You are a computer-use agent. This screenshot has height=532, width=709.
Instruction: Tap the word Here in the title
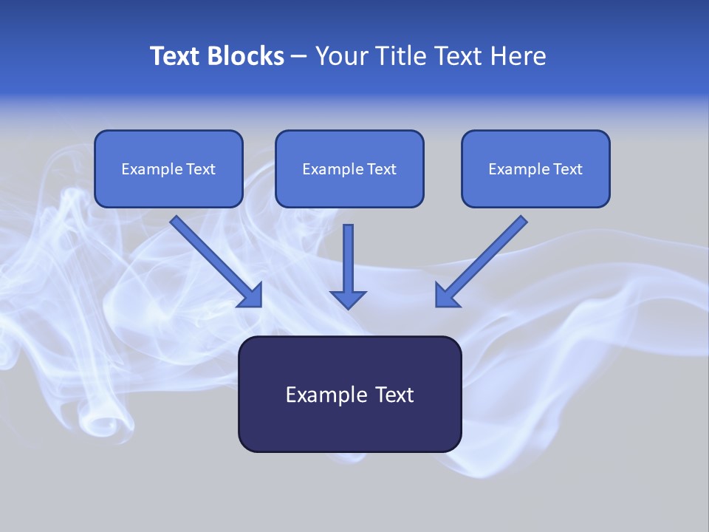[x=519, y=56]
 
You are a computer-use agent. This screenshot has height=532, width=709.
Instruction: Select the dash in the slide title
[x=299, y=56]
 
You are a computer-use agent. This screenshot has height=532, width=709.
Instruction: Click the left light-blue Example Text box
[x=168, y=169]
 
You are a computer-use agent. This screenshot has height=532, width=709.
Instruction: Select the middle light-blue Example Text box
[x=349, y=169]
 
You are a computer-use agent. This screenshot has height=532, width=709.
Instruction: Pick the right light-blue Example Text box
[x=535, y=169]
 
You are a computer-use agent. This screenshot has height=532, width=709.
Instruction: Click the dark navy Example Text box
[x=349, y=395]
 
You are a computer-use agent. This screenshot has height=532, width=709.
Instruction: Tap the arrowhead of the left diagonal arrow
[x=251, y=296]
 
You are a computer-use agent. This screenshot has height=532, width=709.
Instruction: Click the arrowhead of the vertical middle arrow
[x=348, y=299]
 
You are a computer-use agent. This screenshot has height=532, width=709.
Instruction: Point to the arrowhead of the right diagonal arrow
[x=446, y=296]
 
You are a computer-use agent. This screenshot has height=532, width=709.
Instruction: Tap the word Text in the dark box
[x=394, y=395]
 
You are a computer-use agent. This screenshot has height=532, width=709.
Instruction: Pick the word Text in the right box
[x=568, y=169]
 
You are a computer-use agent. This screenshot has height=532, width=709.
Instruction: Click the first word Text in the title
[x=177, y=56]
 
